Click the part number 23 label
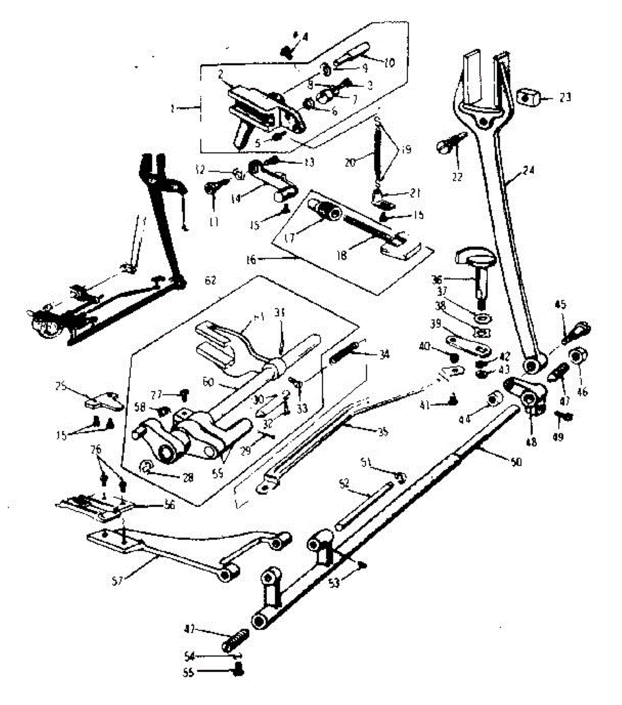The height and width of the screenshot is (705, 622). (x=564, y=97)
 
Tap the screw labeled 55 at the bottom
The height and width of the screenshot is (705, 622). (x=238, y=672)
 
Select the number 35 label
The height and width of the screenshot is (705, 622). (x=383, y=431)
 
